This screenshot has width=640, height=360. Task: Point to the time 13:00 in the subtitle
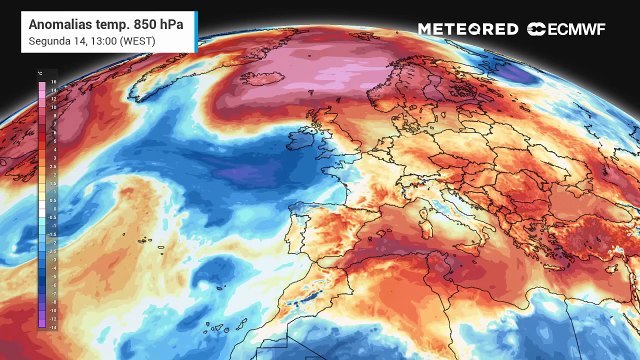coord(100,40)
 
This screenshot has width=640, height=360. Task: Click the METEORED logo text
coord(468,29)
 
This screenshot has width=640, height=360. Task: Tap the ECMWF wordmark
coord(576,29)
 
